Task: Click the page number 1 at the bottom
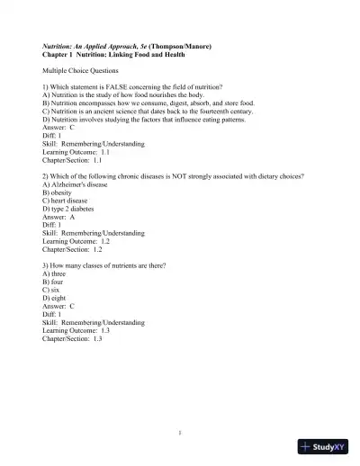coord(180,434)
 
